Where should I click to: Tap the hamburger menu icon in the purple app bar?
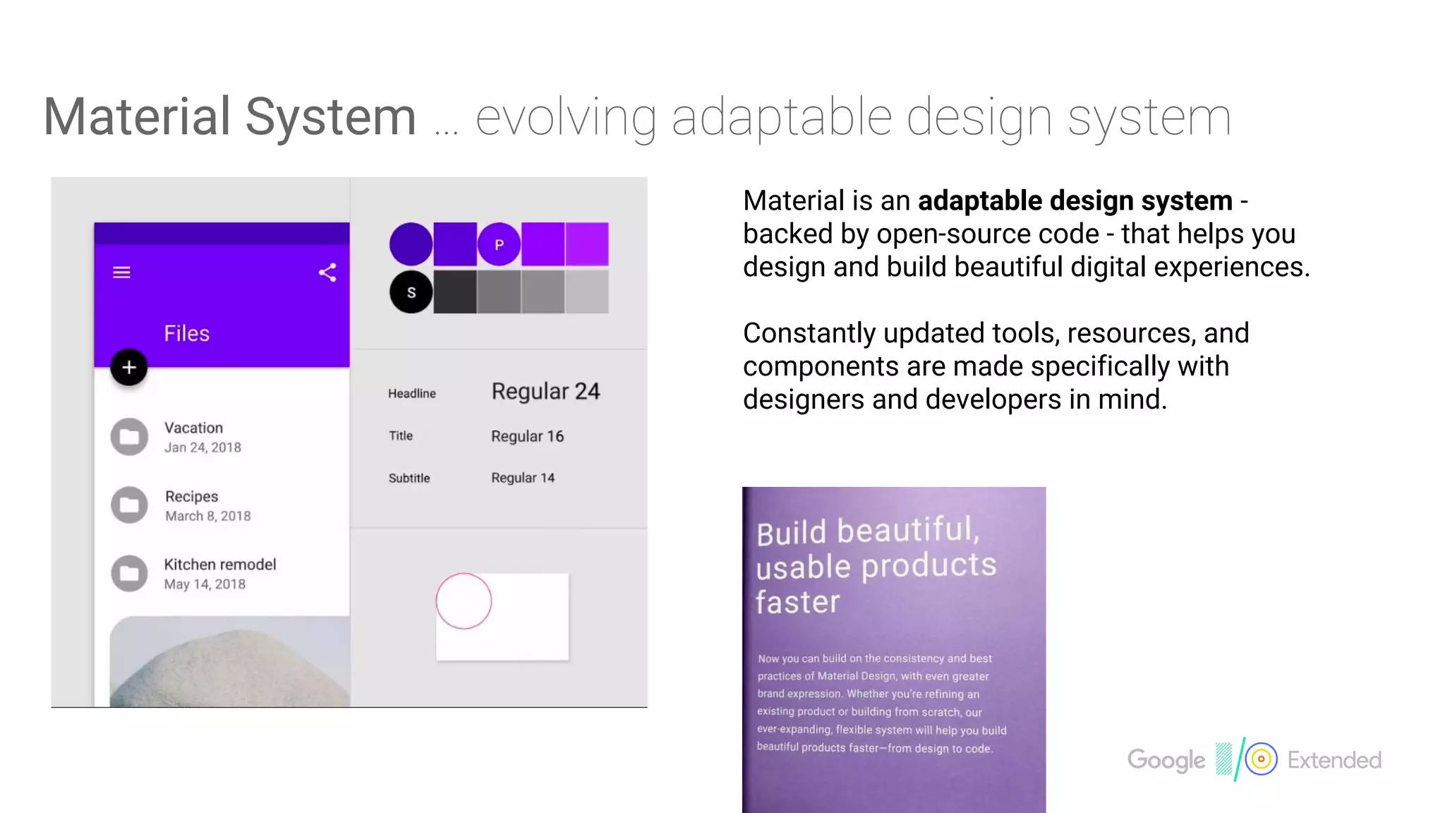(x=121, y=272)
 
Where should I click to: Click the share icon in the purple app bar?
(x=327, y=272)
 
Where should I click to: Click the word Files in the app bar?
(x=187, y=333)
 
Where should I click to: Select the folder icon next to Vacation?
(x=129, y=437)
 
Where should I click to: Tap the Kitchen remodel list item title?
(x=220, y=565)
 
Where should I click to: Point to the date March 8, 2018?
(x=208, y=516)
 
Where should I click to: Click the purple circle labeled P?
(x=499, y=244)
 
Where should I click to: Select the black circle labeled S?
(x=411, y=292)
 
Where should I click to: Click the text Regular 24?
(x=545, y=391)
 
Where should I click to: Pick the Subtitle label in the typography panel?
(x=409, y=478)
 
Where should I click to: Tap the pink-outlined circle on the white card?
(x=464, y=601)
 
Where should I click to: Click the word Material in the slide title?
(x=136, y=116)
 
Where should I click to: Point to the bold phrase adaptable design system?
(x=1075, y=201)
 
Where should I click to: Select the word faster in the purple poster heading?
(x=798, y=603)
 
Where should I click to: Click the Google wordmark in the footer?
(x=1166, y=760)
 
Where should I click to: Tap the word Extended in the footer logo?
(x=1334, y=760)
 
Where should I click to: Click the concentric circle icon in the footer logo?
(x=1261, y=759)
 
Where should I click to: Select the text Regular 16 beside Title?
(x=527, y=436)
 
